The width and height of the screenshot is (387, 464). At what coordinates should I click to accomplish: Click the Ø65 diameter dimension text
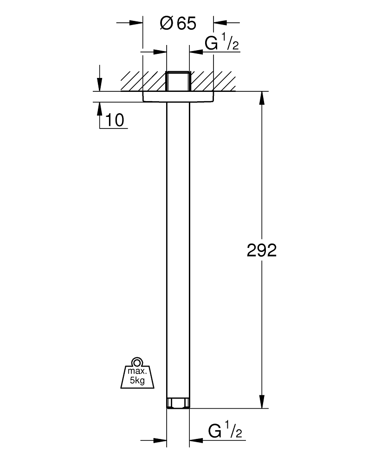tap(178, 23)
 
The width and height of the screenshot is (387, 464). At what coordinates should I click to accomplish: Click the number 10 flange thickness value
tap(114, 121)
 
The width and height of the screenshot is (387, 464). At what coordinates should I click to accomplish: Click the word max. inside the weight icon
tap(136, 372)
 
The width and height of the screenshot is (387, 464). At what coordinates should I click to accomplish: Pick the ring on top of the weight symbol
tap(136, 362)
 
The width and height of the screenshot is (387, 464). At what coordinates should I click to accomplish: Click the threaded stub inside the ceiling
tap(178, 81)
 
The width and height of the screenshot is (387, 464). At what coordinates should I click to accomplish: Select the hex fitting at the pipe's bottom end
tap(178, 403)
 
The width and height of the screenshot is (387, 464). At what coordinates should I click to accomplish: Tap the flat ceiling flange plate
tap(178, 96)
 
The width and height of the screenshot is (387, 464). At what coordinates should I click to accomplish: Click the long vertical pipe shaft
tap(178, 251)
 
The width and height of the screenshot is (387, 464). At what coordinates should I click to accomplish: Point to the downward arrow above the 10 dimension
tap(99, 84)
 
